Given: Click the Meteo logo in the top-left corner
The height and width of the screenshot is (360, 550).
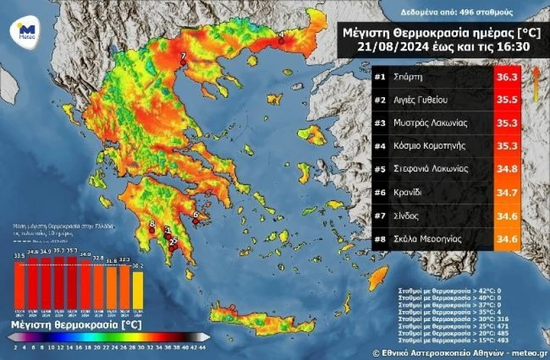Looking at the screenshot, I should pyautogui.click(x=26, y=31).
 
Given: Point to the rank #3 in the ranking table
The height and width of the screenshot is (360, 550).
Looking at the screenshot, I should pyautogui.click(x=380, y=123).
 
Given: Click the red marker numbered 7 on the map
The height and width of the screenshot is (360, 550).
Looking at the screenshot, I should pyautogui.click(x=182, y=63).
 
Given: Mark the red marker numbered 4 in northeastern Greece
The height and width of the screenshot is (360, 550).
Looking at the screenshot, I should pyautogui.click(x=282, y=41).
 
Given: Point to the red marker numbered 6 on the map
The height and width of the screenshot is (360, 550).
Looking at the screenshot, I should pyautogui.click(x=195, y=221).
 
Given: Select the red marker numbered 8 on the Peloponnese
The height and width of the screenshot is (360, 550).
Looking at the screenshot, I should pyautogui.click(x=152, y=230).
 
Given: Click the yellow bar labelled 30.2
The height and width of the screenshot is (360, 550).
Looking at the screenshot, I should pyautogui.click(x=137, y=289).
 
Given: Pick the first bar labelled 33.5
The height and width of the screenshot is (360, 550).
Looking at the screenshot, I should pyautogui.click(x=19, y=286).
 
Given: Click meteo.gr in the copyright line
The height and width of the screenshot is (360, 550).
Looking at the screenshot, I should pyautogui.click(x=529, y=351).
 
